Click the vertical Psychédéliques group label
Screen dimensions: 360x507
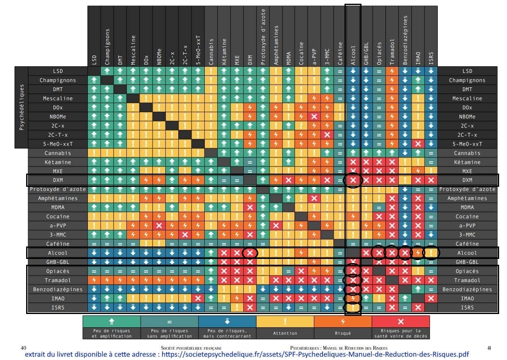point(22,107)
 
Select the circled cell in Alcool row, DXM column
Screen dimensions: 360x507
point(250,253)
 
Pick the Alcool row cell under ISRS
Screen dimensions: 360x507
point(432,253)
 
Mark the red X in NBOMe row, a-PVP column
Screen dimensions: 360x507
point(314,116)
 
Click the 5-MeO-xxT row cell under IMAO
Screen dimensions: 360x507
point(418,144)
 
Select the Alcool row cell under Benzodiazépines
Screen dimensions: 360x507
point(405,253)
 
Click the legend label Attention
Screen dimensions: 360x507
point(285,333)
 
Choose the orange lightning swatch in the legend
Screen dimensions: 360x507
point(342,321)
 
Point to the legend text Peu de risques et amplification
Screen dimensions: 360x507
point(112,333)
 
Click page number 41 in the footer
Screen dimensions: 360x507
point(489,348)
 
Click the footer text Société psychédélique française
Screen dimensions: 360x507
point(194,348)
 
